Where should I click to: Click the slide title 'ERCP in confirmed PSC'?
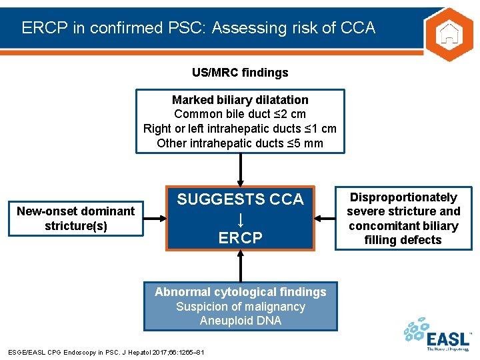click(x=198, y=27)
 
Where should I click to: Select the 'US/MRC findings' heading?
click(x=240, y=72)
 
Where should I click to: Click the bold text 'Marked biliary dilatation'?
click(x=240, y=100)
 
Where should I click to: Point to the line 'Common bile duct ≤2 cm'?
click(x=240, y=114)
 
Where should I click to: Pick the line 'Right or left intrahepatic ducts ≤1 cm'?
click(x=240, y=129)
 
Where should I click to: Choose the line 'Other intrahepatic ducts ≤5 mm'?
click(x=240, y=143)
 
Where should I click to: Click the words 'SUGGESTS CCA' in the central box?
click(x=240, y=199)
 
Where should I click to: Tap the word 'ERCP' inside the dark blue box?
click(x=240, y=237)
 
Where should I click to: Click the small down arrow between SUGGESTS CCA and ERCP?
click(x=240, y=219)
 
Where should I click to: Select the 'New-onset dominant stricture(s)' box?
click(x=75, y=218)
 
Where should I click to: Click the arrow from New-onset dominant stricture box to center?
click(x=155, y=218)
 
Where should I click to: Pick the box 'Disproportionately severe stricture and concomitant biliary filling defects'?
click(x=403, y=218)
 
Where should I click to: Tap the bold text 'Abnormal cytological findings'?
click(x=240, y=292)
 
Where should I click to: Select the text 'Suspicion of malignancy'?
click(x=240, y=307)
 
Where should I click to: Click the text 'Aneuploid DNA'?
click(x=240, y=321)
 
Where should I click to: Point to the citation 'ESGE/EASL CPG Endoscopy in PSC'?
click(x=106, y=352)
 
